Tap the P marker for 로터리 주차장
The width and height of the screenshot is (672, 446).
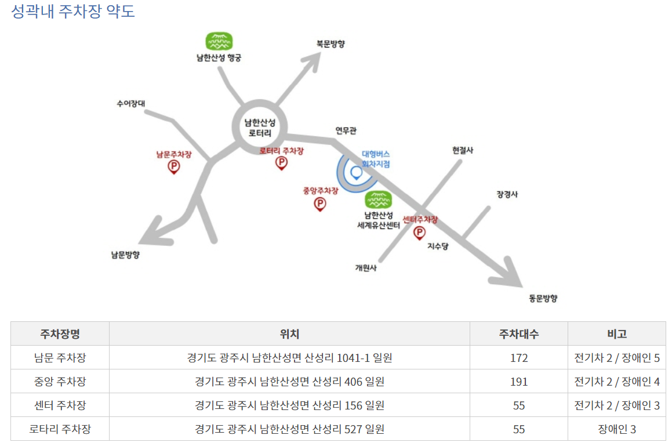(x=281, y=163)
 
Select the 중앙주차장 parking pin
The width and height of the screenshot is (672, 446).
(x=319, y=204)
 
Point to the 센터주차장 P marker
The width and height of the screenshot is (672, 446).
(x=419, y=233)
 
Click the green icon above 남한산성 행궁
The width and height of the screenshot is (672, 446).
(x=219, y=41)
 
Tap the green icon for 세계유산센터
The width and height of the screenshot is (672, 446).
(x=379, y=200)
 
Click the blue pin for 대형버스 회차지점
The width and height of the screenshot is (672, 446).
(x=356, y=172)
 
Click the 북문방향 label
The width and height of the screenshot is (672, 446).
(x=330, y=44)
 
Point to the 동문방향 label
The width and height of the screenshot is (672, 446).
(x=543, y=298)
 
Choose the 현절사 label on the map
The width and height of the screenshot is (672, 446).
(x=463, y=150)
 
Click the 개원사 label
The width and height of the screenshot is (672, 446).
(x=366, y=267)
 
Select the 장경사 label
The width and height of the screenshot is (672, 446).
(x=507, y=194)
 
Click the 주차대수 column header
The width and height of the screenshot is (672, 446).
(x=518, y=334)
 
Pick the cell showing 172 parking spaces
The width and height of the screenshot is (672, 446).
(x=518, y=358)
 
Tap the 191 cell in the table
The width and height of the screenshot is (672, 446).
(x=518, y=382)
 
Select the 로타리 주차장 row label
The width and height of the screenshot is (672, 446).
(x=60, y=429)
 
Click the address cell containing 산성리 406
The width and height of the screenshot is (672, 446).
(x=289, y=382)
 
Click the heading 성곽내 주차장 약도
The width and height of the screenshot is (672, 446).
(x=73, y=12)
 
